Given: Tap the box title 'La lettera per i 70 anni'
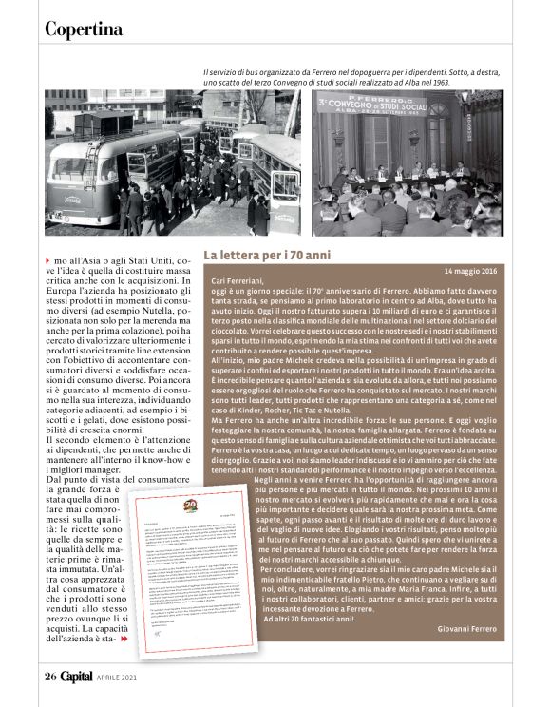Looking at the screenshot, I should click(x=268, y=256).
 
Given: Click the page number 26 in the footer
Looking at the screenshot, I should click(x=50, y=677).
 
